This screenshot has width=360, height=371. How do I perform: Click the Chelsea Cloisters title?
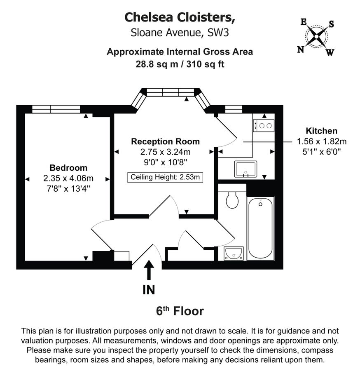point(180,17)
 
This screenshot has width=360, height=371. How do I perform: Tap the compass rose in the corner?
point(316,37)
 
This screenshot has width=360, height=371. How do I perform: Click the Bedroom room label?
point(68,168)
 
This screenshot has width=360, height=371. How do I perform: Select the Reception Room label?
point(165,141)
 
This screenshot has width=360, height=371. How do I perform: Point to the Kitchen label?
point(322,131)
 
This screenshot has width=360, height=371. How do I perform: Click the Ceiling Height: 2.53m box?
point(165,178)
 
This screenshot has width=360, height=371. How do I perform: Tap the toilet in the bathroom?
point(233,200)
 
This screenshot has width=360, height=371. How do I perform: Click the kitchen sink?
point(245,169)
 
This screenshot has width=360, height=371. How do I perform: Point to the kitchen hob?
point(263,125)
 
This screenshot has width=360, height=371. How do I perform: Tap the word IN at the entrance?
point(149,290)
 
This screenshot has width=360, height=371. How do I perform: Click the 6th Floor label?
point(180,310)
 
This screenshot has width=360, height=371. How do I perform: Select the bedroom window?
point(56,109)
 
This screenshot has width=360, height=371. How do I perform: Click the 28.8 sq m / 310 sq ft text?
point(180,64)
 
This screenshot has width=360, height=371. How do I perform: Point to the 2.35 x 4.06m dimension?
point(68,178)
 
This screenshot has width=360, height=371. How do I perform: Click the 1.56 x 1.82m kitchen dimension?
point(322,141)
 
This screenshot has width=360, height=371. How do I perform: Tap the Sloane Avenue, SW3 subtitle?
point(180,33)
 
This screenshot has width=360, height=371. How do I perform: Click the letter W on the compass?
point(330,52)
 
